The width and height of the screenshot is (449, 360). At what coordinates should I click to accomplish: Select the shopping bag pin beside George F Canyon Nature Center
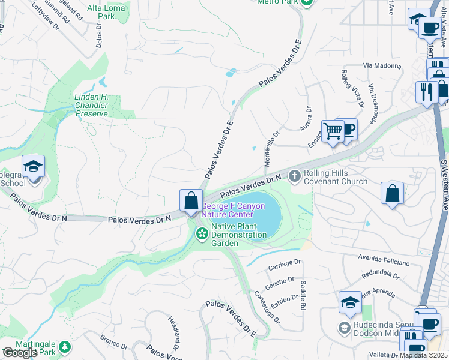(x=191, y=201)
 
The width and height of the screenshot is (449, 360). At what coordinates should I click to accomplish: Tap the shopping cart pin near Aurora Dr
(x=333, y=131)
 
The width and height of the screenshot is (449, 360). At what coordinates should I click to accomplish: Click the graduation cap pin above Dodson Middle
(x=350, y=304)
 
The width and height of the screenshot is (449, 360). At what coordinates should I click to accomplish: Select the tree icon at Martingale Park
(x=64, y=347)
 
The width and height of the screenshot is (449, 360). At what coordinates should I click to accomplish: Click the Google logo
(x=20, y=353)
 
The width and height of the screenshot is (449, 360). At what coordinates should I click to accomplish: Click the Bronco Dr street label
(x=114, y=342)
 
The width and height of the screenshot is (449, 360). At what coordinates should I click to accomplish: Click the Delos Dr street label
(x=99, y=36)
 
